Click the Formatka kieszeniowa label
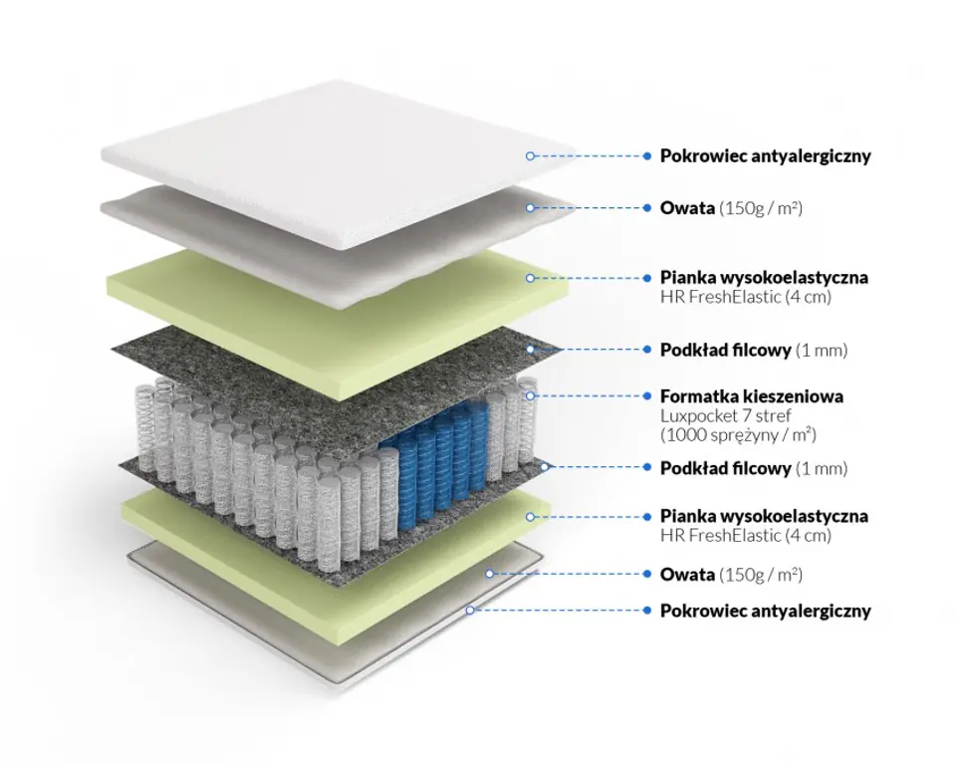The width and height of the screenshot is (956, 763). pos(751,396)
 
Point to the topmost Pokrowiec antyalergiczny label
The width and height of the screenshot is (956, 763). pos(765,156)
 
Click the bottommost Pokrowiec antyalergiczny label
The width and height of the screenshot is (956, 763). pos(765,611)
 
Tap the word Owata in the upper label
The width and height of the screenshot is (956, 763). pos(687,208)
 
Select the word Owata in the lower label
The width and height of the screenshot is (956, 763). pos(687,575)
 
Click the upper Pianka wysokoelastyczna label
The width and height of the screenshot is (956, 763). pos(764,277)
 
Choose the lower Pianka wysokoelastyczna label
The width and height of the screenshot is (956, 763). pos(764,516)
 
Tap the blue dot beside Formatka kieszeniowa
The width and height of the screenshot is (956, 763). pos(648,396)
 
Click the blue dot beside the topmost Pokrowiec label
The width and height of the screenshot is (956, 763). pos(648,156)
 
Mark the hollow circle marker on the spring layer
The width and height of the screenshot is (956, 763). pos(531,395)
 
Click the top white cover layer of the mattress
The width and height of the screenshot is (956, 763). pos(339,159)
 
